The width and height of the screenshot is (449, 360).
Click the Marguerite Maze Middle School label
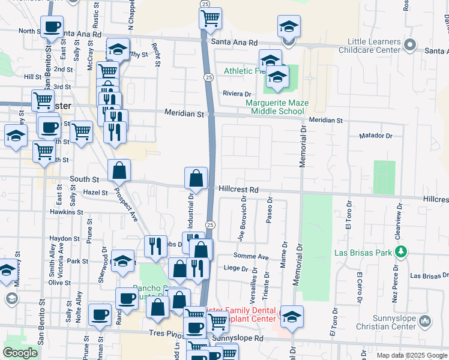pyautogui.click(x=277, y=107)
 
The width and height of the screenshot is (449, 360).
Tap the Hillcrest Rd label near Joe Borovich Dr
pyautogui.click(x=238, y=190)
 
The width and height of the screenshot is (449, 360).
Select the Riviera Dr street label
pyautogui.click(x=237, y=94)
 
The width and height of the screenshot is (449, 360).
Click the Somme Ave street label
pyautogui.click(x=255, y=256)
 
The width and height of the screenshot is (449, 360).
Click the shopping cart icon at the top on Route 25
pyautogui.click(x=210, y=19)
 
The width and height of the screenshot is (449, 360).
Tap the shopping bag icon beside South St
pyautogui.click(x=119, y=171)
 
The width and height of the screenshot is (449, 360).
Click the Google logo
pyautogui.click(x=20, y=353)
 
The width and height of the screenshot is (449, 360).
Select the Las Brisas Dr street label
pyautogui.click(x=428, y=276)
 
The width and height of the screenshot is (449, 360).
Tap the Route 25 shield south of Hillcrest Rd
pyautogui.click(x=210, y=224)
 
